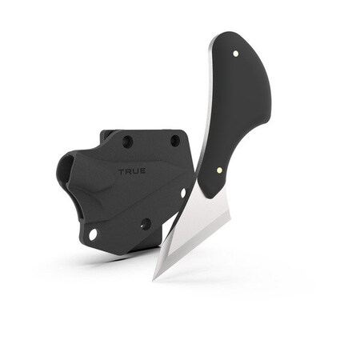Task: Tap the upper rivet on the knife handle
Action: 236,54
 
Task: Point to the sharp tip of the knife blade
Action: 155,278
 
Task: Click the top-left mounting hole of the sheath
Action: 127,142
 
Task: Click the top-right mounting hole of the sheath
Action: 174,141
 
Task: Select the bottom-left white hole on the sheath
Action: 93,234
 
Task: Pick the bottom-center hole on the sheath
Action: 146,224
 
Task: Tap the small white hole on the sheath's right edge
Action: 183,193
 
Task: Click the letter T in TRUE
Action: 120,171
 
